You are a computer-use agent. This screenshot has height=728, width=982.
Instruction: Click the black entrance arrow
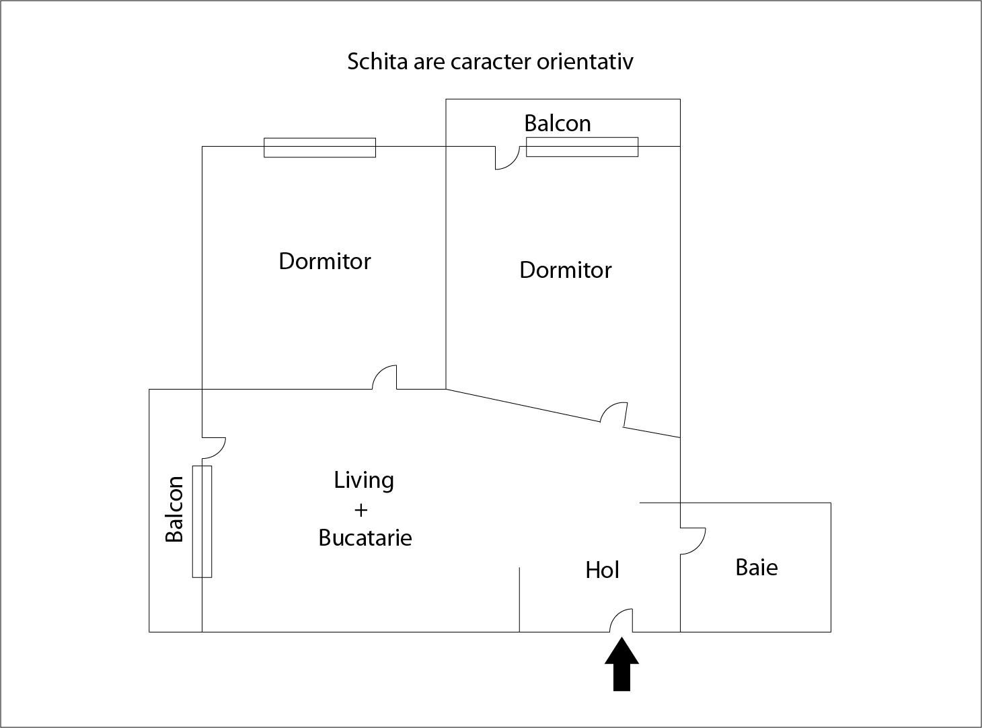[x=621, y=664]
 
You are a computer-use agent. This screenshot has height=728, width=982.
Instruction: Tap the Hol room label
[x=602, y=571]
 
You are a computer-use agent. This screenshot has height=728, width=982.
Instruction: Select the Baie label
[x=757, y=568]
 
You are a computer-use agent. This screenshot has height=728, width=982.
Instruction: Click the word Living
[x=364, y=481]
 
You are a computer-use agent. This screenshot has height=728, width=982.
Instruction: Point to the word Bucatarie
[x=365, y=538]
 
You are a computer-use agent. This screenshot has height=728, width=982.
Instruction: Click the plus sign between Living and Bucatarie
[x=361, y=511]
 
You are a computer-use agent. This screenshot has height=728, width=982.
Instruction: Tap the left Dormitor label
[x=324, y=261]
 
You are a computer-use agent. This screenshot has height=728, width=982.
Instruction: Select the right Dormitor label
[x=566, y=270]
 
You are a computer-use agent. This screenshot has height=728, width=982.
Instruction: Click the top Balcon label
[x=558, y=123]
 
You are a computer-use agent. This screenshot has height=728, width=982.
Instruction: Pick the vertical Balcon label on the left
[x=174, y=509]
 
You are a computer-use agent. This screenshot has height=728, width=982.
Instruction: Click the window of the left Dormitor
[x=319, y=147]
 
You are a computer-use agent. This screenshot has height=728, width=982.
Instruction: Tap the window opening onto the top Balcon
[x=582, y=147]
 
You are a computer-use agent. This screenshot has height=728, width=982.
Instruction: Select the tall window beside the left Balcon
[x=202, y=521]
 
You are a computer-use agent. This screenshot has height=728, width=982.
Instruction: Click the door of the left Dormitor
[x=379, y=371]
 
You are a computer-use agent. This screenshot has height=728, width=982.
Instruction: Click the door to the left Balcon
[x=221, y=452]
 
